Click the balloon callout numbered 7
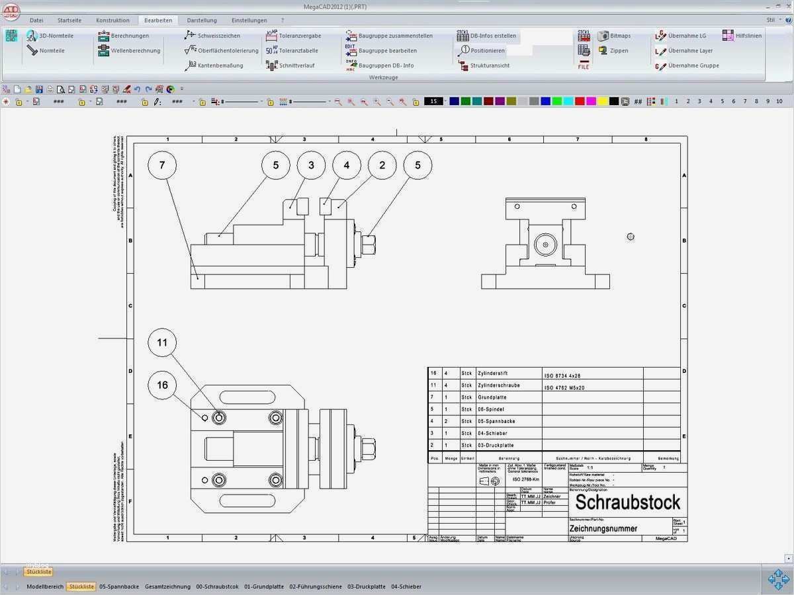[162, 165]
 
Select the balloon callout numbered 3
[311, 165]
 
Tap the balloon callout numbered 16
[162, 385]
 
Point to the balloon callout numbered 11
[162, 342]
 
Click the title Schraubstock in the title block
[627, 502]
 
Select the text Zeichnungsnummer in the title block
[607, 529]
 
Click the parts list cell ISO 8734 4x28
[562, 376]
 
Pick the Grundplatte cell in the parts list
[492, 397]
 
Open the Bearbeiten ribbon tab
[158, 20]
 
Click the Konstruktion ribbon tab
[112, 20]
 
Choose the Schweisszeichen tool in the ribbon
[218, 36]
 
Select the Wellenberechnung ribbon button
[135, 51]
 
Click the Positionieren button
[487, 51]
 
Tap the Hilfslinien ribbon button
[748, 36]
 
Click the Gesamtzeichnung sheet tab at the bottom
[167, 586]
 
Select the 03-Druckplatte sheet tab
[366, 586]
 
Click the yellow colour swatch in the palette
[602, 101]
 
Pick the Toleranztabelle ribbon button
[298, 51]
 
